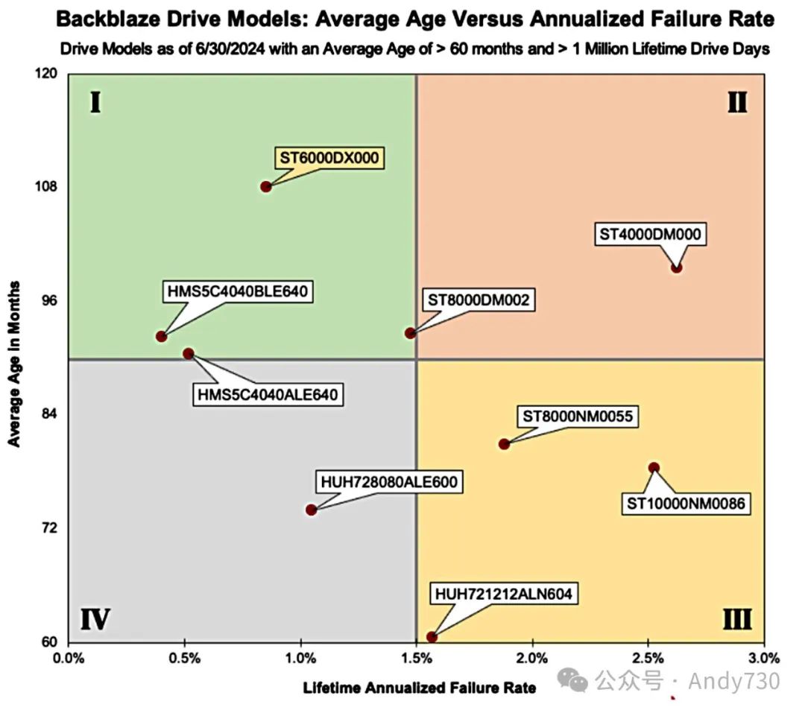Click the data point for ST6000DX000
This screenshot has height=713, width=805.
pos(266,186)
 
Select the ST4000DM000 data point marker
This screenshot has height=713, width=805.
pos(676,267)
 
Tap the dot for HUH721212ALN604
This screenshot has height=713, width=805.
pos(432,637)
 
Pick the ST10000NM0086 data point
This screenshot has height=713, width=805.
pos(654,468)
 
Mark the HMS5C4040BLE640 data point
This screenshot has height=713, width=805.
pos(161,337)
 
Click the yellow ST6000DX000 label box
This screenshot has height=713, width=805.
pos(329,158)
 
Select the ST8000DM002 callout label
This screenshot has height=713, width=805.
pos(479,300)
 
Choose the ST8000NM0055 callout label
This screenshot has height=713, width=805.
pos(578,416)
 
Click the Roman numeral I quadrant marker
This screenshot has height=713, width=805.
pos(95,102)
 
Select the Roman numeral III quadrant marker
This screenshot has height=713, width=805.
pos(736,619)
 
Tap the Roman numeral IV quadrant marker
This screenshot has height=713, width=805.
pos(95,619)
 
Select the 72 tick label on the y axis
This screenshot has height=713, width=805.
pos(51,528)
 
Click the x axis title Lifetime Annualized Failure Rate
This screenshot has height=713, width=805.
pos(419,688)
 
